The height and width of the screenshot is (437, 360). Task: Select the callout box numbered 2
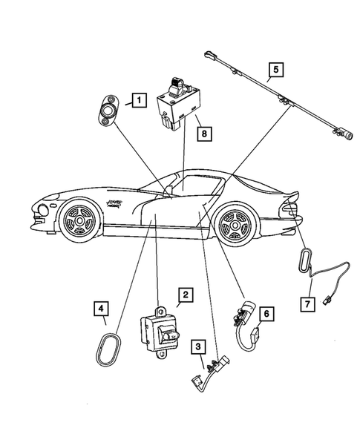point(185,296)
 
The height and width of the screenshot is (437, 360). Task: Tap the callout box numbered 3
point(198,346)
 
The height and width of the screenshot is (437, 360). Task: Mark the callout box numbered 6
point(268,314)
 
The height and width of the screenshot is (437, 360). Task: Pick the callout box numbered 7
point(306,303)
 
